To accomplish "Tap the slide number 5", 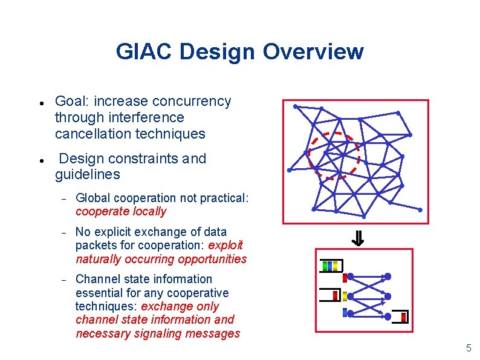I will click(468, 348).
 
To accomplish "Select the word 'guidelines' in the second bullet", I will click(87, 175).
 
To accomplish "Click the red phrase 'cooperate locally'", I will click(120, 212).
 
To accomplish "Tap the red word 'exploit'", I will click(225, 245).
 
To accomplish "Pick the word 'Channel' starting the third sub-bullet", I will click(96, 279).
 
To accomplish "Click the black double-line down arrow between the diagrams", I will click(357, 240).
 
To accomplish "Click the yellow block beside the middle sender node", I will click(345, 296).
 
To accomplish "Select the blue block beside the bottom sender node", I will click(345, 313).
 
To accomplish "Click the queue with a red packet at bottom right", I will click(400, 318).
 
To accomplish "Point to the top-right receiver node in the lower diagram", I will click(388, 277).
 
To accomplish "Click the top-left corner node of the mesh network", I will click(295, 106).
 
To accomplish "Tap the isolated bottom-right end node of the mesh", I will click(421, 210).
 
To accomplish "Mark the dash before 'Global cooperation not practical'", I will click(63, 198).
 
